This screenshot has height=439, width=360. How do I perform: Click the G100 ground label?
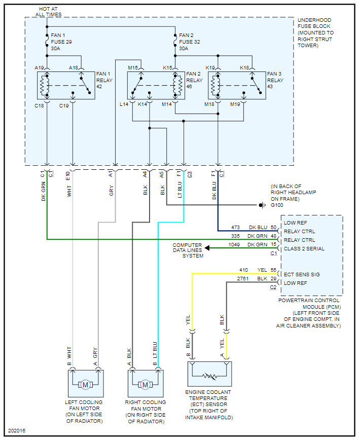[277, 205]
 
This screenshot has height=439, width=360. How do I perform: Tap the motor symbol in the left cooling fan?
[85, 385]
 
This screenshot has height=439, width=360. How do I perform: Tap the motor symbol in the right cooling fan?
[145, 385]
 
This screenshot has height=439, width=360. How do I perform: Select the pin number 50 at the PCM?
[274, 228]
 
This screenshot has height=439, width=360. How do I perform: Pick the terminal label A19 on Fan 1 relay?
[39, 67]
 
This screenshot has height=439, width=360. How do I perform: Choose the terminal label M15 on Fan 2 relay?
[133, 67]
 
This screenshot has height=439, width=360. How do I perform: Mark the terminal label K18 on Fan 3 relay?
[244, 67]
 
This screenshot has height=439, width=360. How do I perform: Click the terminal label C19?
[64, 105]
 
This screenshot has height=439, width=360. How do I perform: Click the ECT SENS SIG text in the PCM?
[303, 274]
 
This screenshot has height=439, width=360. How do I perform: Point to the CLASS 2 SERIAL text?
[304, 249]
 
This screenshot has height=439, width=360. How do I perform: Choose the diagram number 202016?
[16, 431]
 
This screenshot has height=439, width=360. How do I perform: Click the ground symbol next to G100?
[262, 205]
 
